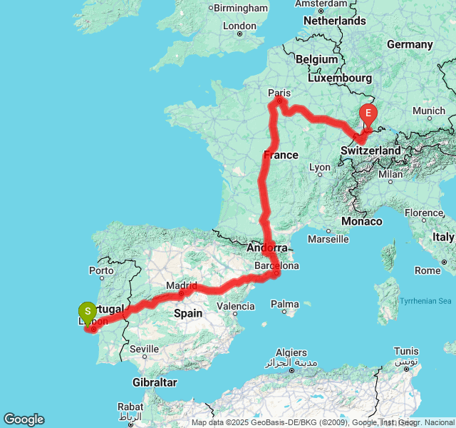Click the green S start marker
[87, 311]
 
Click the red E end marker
[368, 113]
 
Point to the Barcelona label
[276, 265]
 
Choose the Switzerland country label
[370, 151]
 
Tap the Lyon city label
[320, 168]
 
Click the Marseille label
[329, 239]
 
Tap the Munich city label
[428, 111]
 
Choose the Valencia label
[235, 306]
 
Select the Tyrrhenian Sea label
[425, 301]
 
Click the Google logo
[24, 419]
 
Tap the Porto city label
[101, 270]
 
